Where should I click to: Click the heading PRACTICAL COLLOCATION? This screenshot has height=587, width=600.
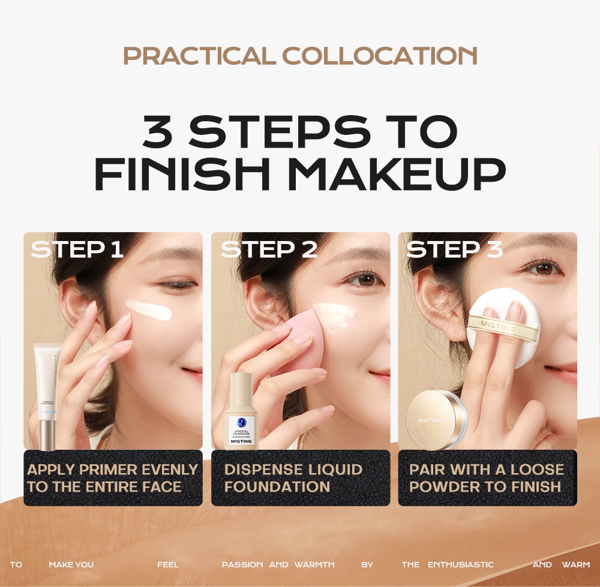point(300,55)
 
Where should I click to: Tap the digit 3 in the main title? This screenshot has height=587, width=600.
point(158,131)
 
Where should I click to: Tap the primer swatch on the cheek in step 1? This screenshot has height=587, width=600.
point(148,309)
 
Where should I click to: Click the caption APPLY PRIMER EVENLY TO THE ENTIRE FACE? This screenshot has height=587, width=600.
point(113,478)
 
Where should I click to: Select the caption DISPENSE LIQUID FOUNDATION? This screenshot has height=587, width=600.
point(293,478)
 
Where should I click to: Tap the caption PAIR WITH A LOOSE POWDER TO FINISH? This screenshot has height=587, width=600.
point(487,478)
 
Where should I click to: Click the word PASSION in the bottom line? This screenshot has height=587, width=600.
point(242,565)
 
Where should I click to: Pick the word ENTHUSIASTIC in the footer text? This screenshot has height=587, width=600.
point(460,565)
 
